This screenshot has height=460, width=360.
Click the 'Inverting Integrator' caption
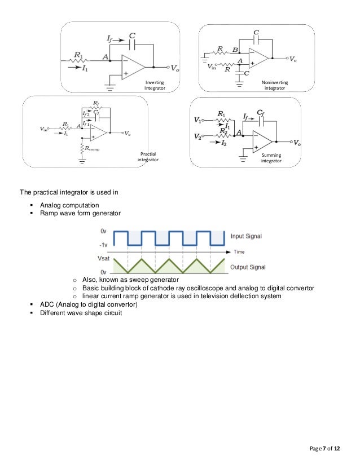154,85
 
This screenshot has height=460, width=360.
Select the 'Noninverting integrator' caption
275,85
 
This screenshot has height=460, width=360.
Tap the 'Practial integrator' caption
148,157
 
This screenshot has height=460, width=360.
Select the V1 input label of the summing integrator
197,120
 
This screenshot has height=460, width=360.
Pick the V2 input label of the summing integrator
197,136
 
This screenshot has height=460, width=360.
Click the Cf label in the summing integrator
261,113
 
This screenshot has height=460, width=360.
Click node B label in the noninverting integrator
235,50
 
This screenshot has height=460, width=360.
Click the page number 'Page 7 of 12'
326,448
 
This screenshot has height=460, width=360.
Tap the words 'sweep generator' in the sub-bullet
158,280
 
